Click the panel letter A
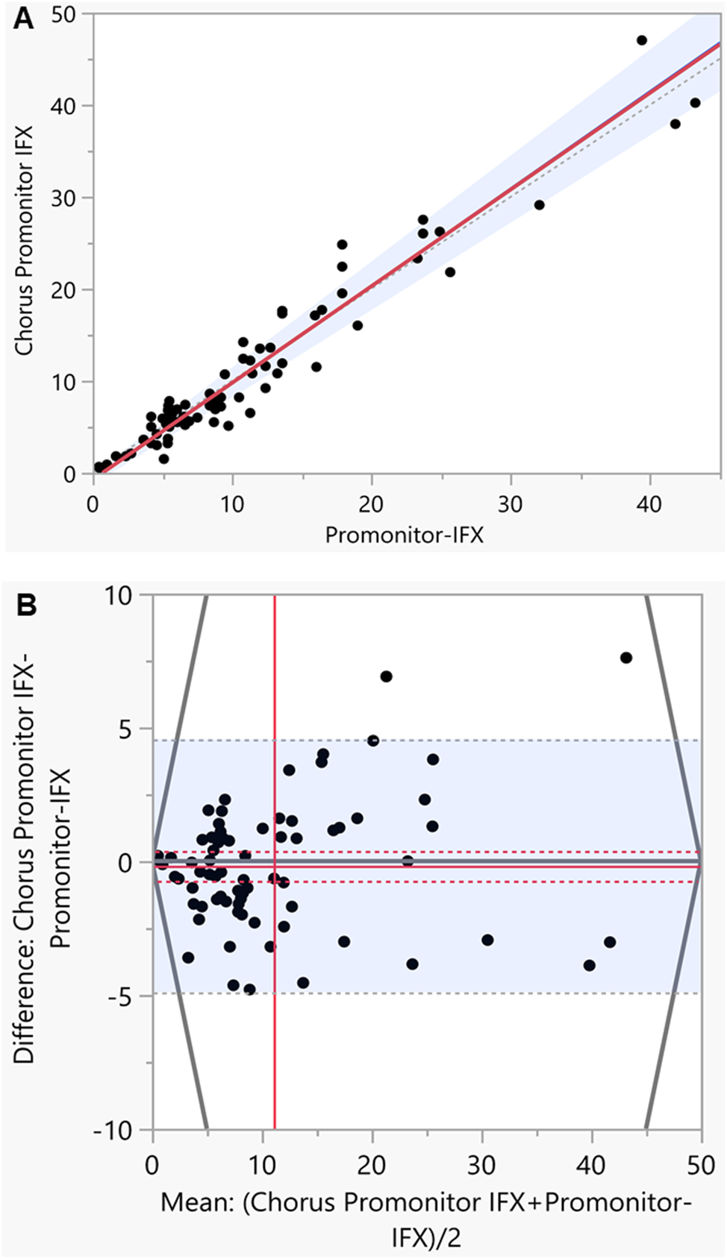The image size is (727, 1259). tap(24, 18)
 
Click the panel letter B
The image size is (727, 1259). tap(26, 606)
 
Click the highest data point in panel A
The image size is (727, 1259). tap(642, 40)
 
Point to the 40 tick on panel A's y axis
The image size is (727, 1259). tap(65, 106)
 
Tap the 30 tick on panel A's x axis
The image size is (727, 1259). tap(511, 505)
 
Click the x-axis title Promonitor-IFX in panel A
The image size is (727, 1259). tap(404, 535)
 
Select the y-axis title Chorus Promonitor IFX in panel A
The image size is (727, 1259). tap(24, 240)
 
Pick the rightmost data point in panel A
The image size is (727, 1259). tap(695, 103)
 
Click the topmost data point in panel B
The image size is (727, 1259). tap(626, 658)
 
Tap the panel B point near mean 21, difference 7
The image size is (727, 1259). tap(386, 676)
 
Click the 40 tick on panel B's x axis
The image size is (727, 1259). tap(591, 1164)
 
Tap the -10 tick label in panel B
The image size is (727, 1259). tap(113, 1131)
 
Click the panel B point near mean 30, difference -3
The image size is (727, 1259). tap(487, 940)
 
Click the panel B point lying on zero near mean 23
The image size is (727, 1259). tap(408, 861)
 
